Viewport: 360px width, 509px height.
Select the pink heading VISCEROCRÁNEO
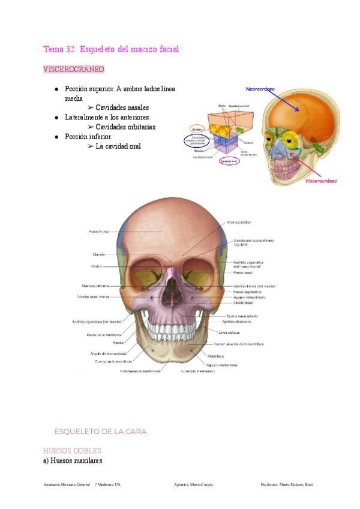click(x=74, y=70)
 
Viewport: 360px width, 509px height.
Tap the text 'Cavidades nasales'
click(x=122, y=107)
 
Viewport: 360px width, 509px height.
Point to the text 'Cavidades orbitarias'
click(x=125, y=127)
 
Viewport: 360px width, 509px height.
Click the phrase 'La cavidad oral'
click(x=118, y=146)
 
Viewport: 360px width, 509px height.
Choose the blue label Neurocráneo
click(x=260, y=89)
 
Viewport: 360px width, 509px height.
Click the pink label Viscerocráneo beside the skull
click(x=321, y=180)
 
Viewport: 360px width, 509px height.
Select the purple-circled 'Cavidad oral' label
click(x=229, y=161)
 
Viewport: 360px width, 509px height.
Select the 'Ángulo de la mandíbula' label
click(x=110, y=354)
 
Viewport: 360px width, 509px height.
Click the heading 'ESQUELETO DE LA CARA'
click(x=100, y=432)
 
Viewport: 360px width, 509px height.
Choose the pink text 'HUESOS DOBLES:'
click(x=73, y=450)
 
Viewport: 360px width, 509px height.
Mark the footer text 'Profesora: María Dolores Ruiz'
click(x=287, y=484)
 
